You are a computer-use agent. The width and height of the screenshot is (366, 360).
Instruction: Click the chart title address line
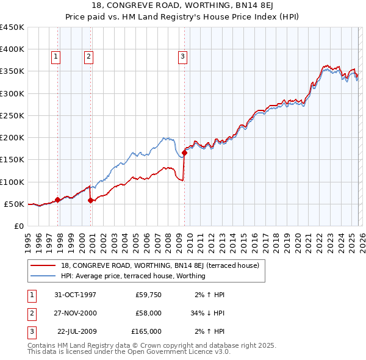click(x=183, y=5)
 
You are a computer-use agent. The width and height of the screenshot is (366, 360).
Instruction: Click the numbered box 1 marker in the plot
click(x=56, y=57)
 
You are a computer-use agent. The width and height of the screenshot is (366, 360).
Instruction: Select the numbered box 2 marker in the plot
click(x=88, y=57)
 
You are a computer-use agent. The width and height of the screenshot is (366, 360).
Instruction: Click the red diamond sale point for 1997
click(x=57, y=200)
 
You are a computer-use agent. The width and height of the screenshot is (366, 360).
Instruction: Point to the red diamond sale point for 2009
click(x=185, y=153)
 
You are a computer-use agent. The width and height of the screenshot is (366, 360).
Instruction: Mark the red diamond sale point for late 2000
click(x=90, y=200)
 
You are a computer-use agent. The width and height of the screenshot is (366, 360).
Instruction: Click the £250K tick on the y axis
click(x=12, y=115)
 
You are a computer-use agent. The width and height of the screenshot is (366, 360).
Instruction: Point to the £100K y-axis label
click(x=12, y=182)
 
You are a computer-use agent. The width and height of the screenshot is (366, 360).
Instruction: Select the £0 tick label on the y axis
click(x=18, y=226)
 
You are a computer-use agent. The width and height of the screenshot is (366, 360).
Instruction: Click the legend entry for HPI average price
click(x=133, y=276)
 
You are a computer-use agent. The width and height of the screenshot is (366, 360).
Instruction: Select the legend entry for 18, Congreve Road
click(x=160, y=265)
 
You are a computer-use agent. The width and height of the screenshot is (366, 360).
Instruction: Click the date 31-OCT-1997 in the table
click(x=75, y=295)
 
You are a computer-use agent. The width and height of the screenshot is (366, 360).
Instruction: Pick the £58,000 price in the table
click(x=148, y=313)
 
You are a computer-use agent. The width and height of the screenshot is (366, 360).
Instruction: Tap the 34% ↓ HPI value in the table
click(x=207, y=313)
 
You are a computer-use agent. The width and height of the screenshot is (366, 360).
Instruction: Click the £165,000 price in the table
click(x=146, y=331)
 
